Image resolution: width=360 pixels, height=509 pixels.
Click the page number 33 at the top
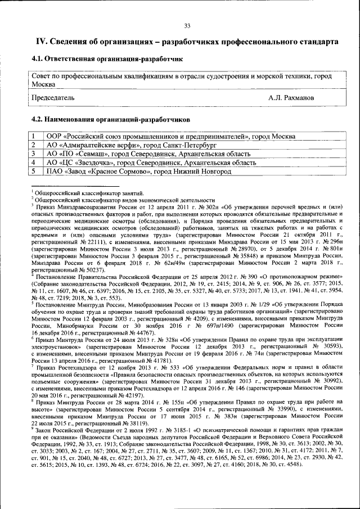point(187,25)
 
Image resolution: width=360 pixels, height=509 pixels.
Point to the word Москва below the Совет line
point(44,83)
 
